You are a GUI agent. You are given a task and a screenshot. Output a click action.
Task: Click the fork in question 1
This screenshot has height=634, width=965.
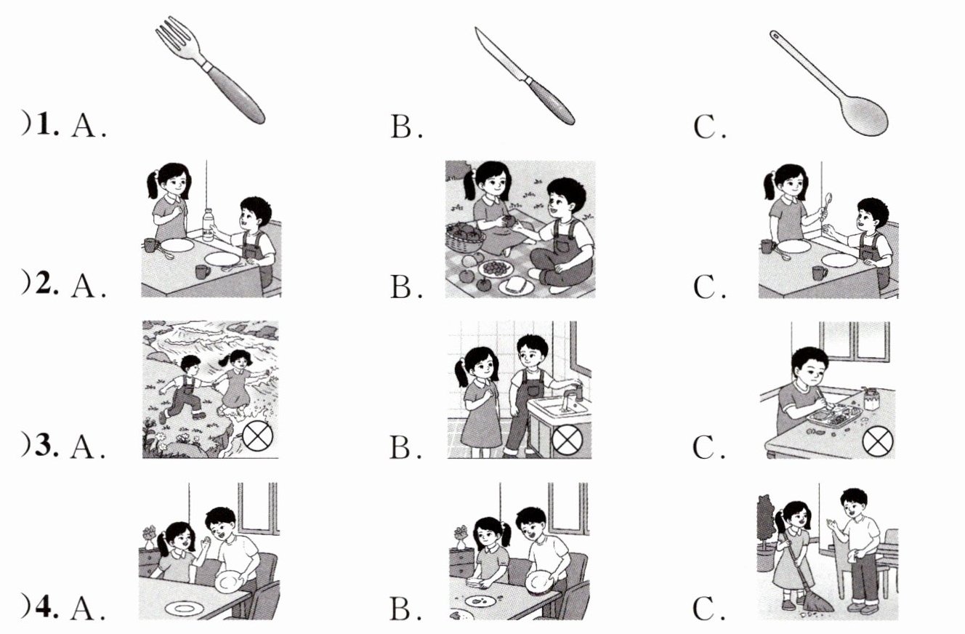(x=210, y=69)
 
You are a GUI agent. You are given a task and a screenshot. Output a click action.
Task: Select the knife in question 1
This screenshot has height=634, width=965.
(x=525, y=76)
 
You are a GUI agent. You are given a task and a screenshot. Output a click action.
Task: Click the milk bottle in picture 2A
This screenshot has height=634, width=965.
(x=208, y=225)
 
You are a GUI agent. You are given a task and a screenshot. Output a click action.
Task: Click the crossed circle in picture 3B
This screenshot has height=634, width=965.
(x=568, y=440)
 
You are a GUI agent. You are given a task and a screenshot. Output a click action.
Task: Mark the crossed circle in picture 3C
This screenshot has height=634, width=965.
(x=878, y=441)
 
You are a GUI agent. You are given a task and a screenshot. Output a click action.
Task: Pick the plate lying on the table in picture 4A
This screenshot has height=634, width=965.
(x=185, y=608)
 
